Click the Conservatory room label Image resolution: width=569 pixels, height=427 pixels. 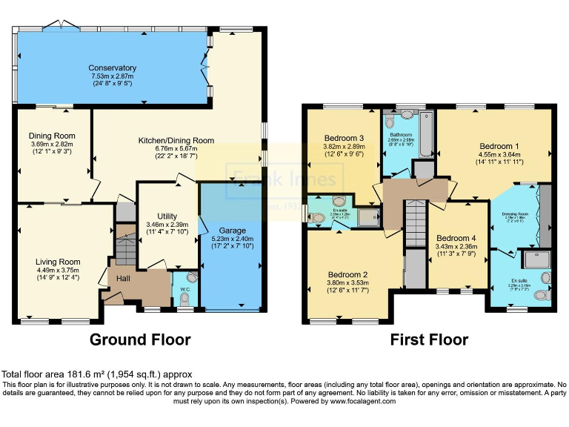point(112,68)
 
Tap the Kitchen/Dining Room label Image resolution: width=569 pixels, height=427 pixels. point(176,140)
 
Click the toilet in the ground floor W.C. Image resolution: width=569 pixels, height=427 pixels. point(184,298)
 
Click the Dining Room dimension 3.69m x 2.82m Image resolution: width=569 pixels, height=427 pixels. point(53,144)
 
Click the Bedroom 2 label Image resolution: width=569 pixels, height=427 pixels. point(342,274)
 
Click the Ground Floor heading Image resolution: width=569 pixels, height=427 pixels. point(140,340)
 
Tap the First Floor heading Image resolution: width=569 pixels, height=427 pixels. point(430,340)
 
